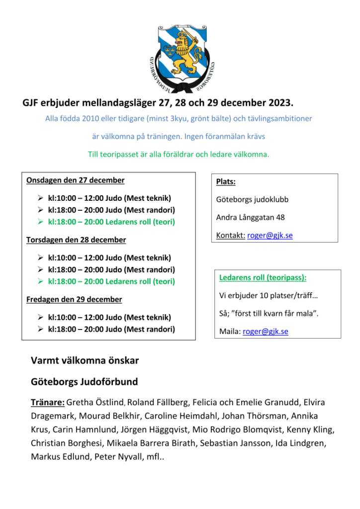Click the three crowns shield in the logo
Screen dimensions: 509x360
click(x=170, y=50)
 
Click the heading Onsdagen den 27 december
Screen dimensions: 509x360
click(x=75, y=180)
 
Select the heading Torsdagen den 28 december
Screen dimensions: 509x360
click(x=76, y=240)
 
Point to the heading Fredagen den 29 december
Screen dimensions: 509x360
click(x=74, y=300)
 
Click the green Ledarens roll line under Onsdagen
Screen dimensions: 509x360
click(x=111, y=222)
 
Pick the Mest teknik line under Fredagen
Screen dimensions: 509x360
click(x=109, y=317)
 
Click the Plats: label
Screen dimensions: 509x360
click(x=226, y=182)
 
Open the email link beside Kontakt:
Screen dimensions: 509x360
click(x=270, y=236)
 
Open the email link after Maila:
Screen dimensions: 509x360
click(x=266, y=332)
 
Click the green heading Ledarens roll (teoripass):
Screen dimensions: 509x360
click(x=263, y=278)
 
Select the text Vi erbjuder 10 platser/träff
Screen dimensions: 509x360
click(x=269, y=296)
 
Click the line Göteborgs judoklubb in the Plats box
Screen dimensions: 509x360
click(x=252, y=199)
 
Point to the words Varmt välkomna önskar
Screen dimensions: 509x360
click(x=85, y=361)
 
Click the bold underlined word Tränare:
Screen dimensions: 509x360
click(x=47, y=402)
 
